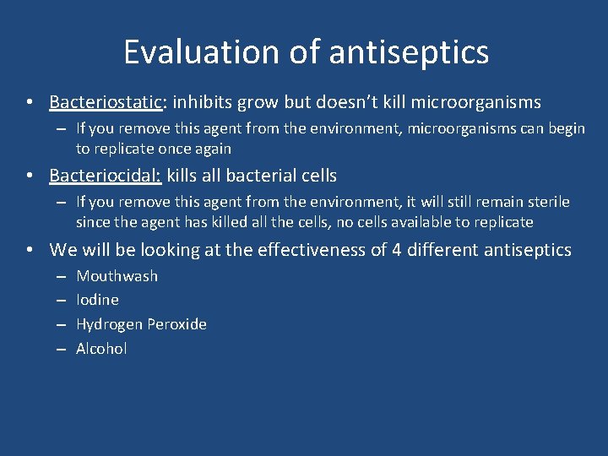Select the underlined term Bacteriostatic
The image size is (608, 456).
[106, 102]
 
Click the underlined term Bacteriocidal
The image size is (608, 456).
[106, 176]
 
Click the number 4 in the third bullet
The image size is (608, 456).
[398, 250]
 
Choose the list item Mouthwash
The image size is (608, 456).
[117, 276]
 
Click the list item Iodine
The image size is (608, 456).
[97, 300]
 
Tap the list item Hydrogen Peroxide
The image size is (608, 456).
[141, 324]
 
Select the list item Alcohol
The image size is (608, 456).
[101, 349]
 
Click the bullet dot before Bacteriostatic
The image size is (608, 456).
[30, 103]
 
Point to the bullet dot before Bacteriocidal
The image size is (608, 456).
[30, 176]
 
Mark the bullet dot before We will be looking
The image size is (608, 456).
[30, 251]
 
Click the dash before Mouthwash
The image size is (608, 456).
[61, 277]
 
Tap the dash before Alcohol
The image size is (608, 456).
[61, 350]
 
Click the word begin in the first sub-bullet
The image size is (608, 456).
[566, 128]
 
